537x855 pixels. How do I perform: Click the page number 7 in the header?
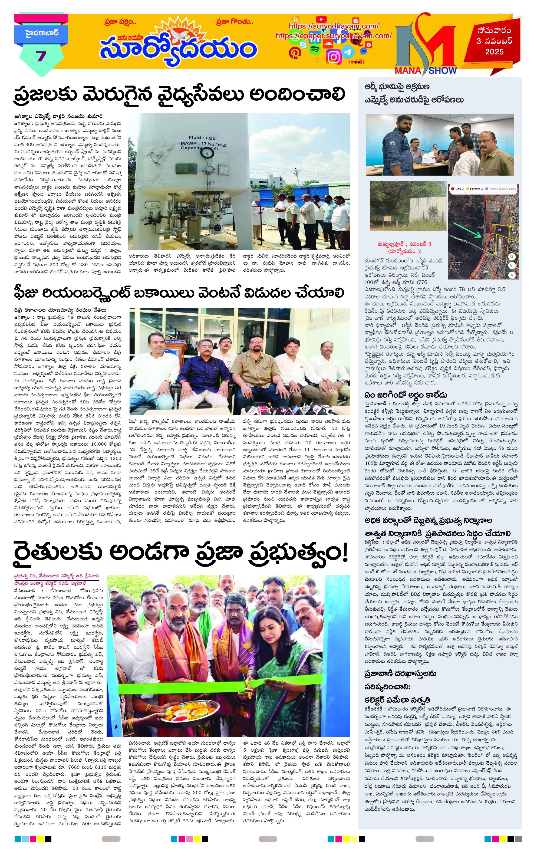click(41, 56)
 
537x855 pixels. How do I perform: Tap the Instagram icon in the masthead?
click(334, 57)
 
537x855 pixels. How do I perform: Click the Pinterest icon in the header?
click(294, 53)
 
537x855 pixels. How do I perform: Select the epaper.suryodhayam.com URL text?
click(333, 35)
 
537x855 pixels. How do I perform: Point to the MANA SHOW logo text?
click(426, 70)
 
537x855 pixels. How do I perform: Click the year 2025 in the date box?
click(495, 52)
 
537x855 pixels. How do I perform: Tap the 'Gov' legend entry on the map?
click(458, 189)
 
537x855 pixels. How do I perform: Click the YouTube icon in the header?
click(321, 19)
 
